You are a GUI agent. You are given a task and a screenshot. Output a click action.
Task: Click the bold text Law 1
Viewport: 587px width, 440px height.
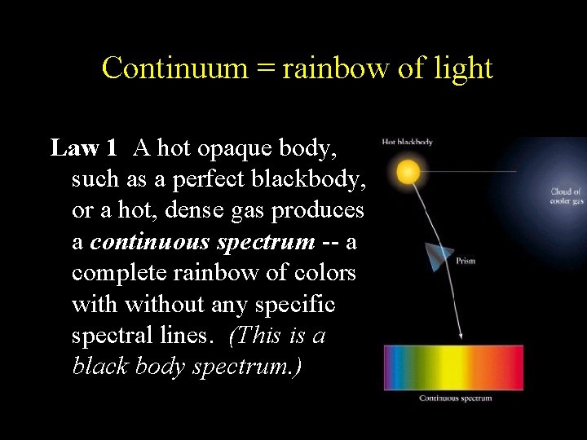tap(84, 147)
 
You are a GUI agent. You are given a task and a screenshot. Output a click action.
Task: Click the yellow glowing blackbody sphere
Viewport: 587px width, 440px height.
tap(408, 172)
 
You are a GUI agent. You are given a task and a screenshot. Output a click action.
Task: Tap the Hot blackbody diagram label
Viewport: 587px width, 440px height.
tap(407, 142)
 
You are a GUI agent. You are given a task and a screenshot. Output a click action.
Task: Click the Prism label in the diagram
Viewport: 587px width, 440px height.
tap(466, 262)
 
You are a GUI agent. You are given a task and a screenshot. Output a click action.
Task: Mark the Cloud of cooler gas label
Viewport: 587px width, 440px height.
tap(567, 196)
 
